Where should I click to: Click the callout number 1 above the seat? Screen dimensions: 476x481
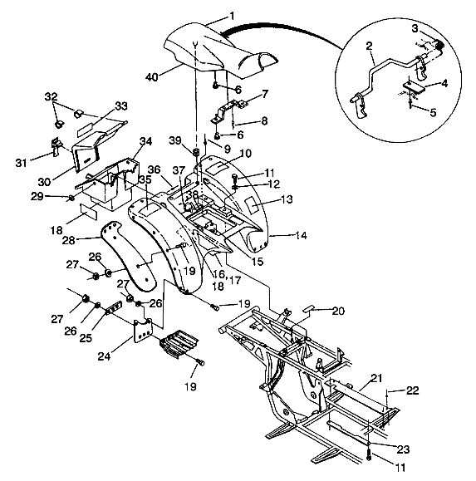click(x=232, y=16)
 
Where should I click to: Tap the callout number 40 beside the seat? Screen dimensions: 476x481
click(x=151, y=76)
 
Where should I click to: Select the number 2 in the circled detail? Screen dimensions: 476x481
click(x=369, y=47)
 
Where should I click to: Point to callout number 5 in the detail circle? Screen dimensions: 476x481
click(x=433, y=113)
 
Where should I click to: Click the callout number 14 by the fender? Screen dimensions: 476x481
click(x=301, y=235)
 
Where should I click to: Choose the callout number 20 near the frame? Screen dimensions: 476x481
click(x=338, y=311)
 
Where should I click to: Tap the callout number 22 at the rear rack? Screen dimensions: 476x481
click(x=412, y=390)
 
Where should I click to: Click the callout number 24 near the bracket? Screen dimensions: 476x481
click(x=105, y=356)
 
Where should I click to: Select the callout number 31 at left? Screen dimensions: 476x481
click(x=21, y=163)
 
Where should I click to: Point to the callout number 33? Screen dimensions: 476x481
click(x=121, y=106)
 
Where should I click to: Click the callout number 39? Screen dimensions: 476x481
click(x=175, y=140)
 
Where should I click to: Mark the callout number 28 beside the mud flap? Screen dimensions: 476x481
click(x=68, y=240)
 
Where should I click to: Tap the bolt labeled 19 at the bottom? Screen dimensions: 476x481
click(x=200, y=363)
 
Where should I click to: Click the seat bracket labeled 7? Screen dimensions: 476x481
click(x=229, y=111)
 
